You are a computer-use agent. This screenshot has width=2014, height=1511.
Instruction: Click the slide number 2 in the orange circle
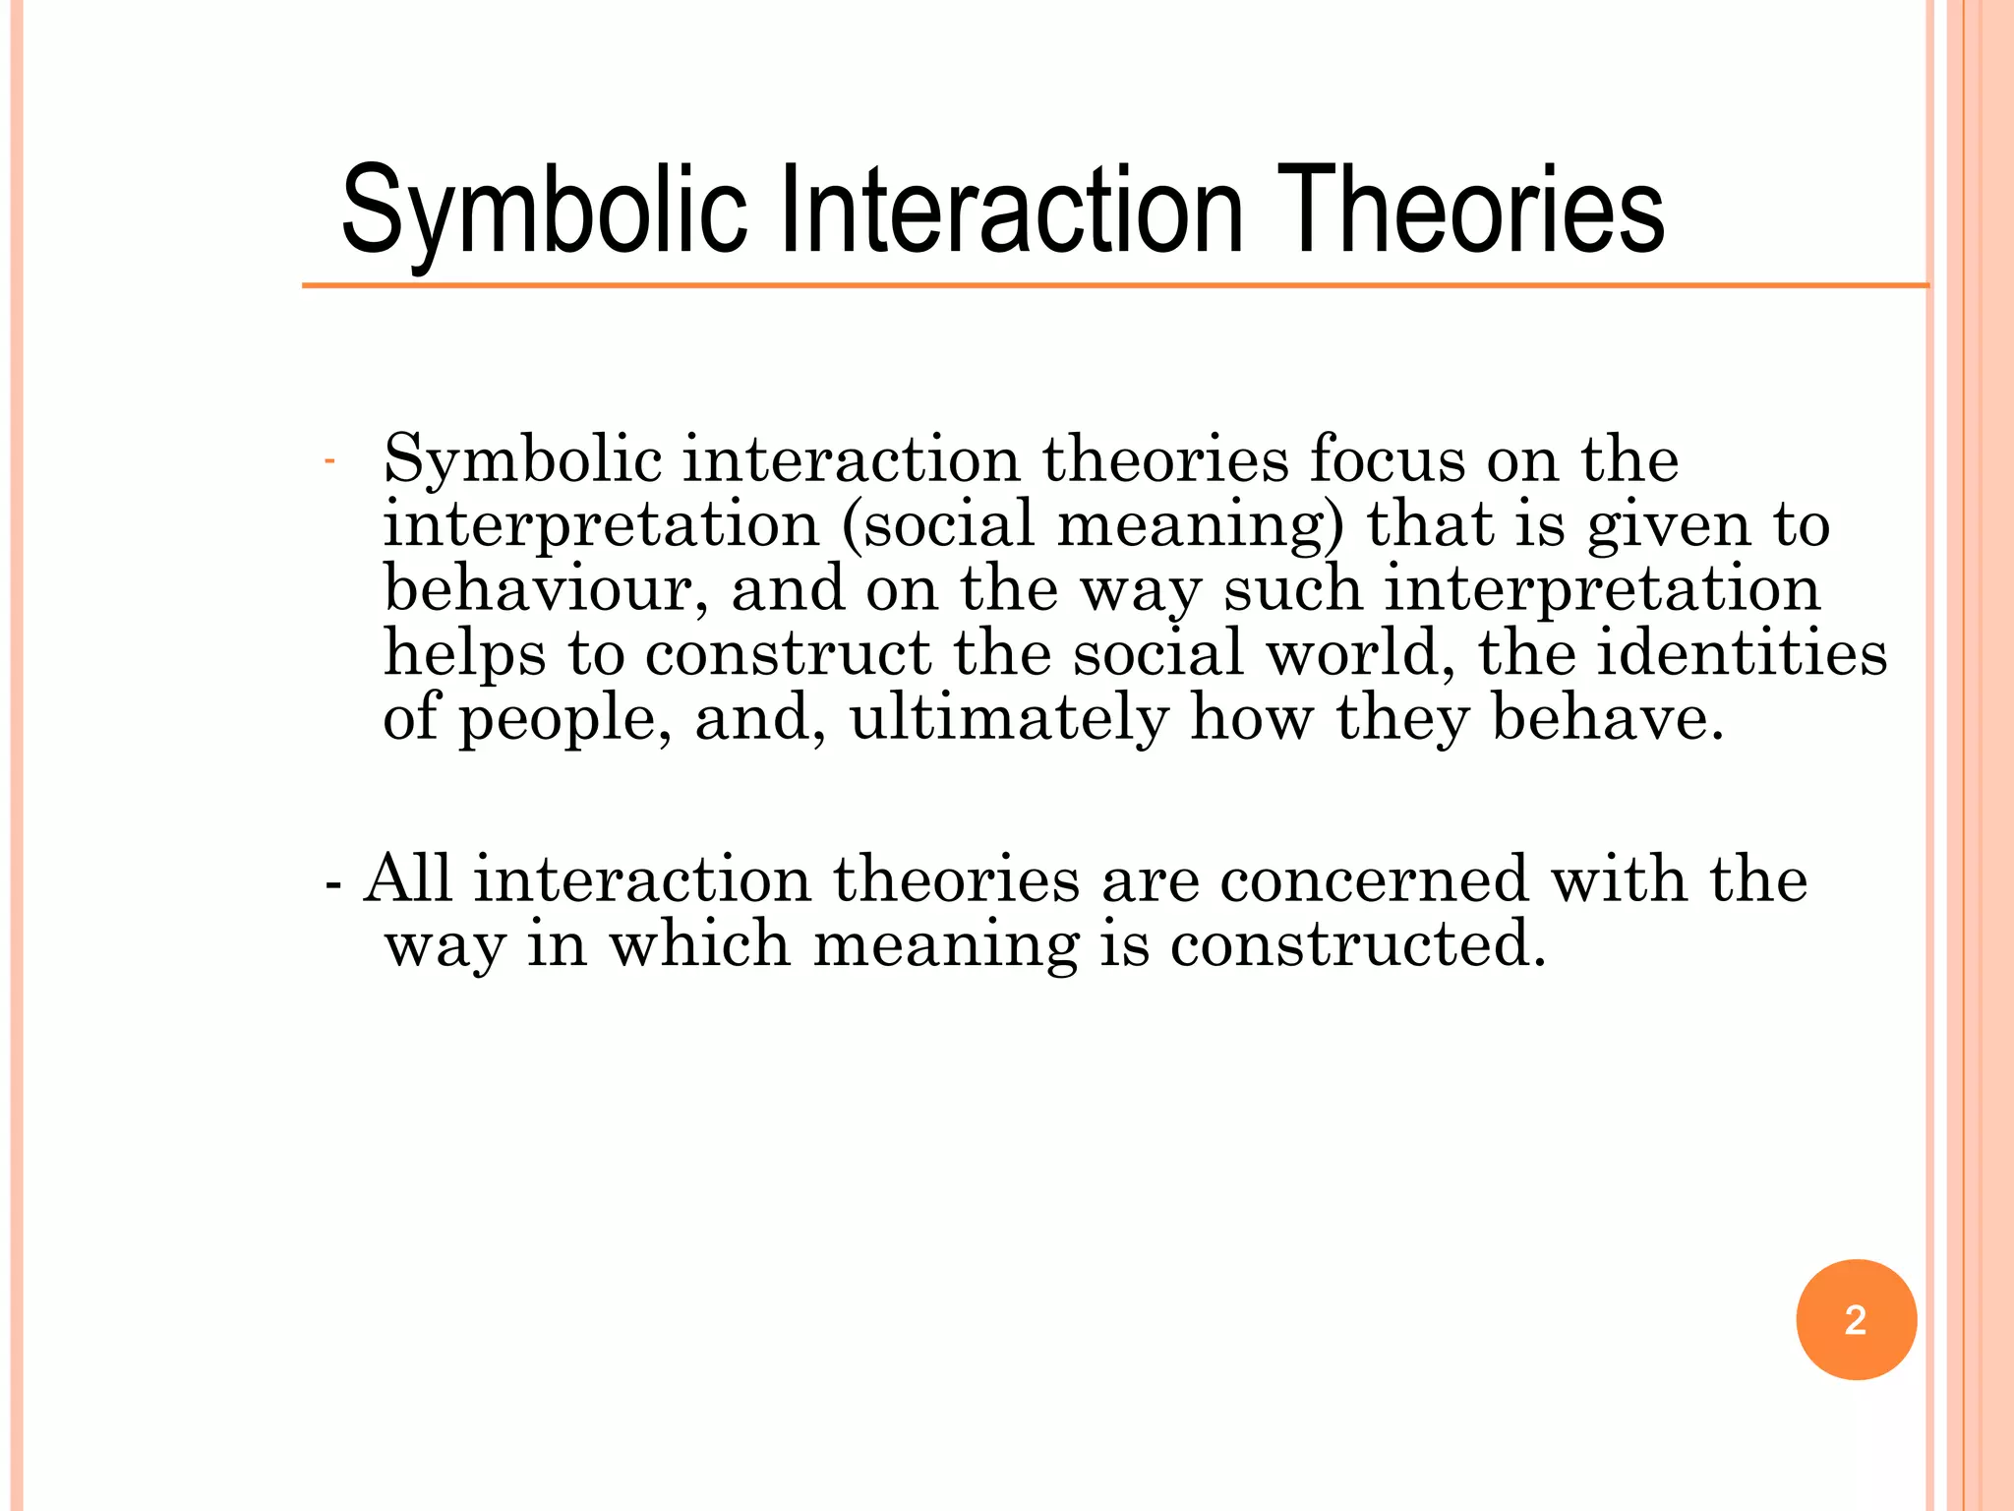(x=1856, y=1320)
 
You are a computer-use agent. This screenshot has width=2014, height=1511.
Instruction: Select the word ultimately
(x=1009, y=718)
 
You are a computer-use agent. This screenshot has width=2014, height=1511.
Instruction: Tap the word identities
(x=1742, y=653)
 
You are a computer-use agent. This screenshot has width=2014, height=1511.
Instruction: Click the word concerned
(x=1375, y=878)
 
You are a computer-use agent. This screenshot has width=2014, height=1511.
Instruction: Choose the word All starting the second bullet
(x=408, y=878)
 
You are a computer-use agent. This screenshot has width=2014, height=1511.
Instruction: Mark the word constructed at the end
(x=1358, y=943)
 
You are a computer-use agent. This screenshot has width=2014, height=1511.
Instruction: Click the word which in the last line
(x=699, y=943)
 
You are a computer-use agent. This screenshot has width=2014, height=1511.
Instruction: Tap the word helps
(x=464, y=655)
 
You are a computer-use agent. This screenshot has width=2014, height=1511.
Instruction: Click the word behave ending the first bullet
(x=1607, y=718)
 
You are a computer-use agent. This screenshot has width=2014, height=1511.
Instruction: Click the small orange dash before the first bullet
(x=329, y=461)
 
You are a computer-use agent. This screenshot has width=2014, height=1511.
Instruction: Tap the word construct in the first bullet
(x=788, y=654)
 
